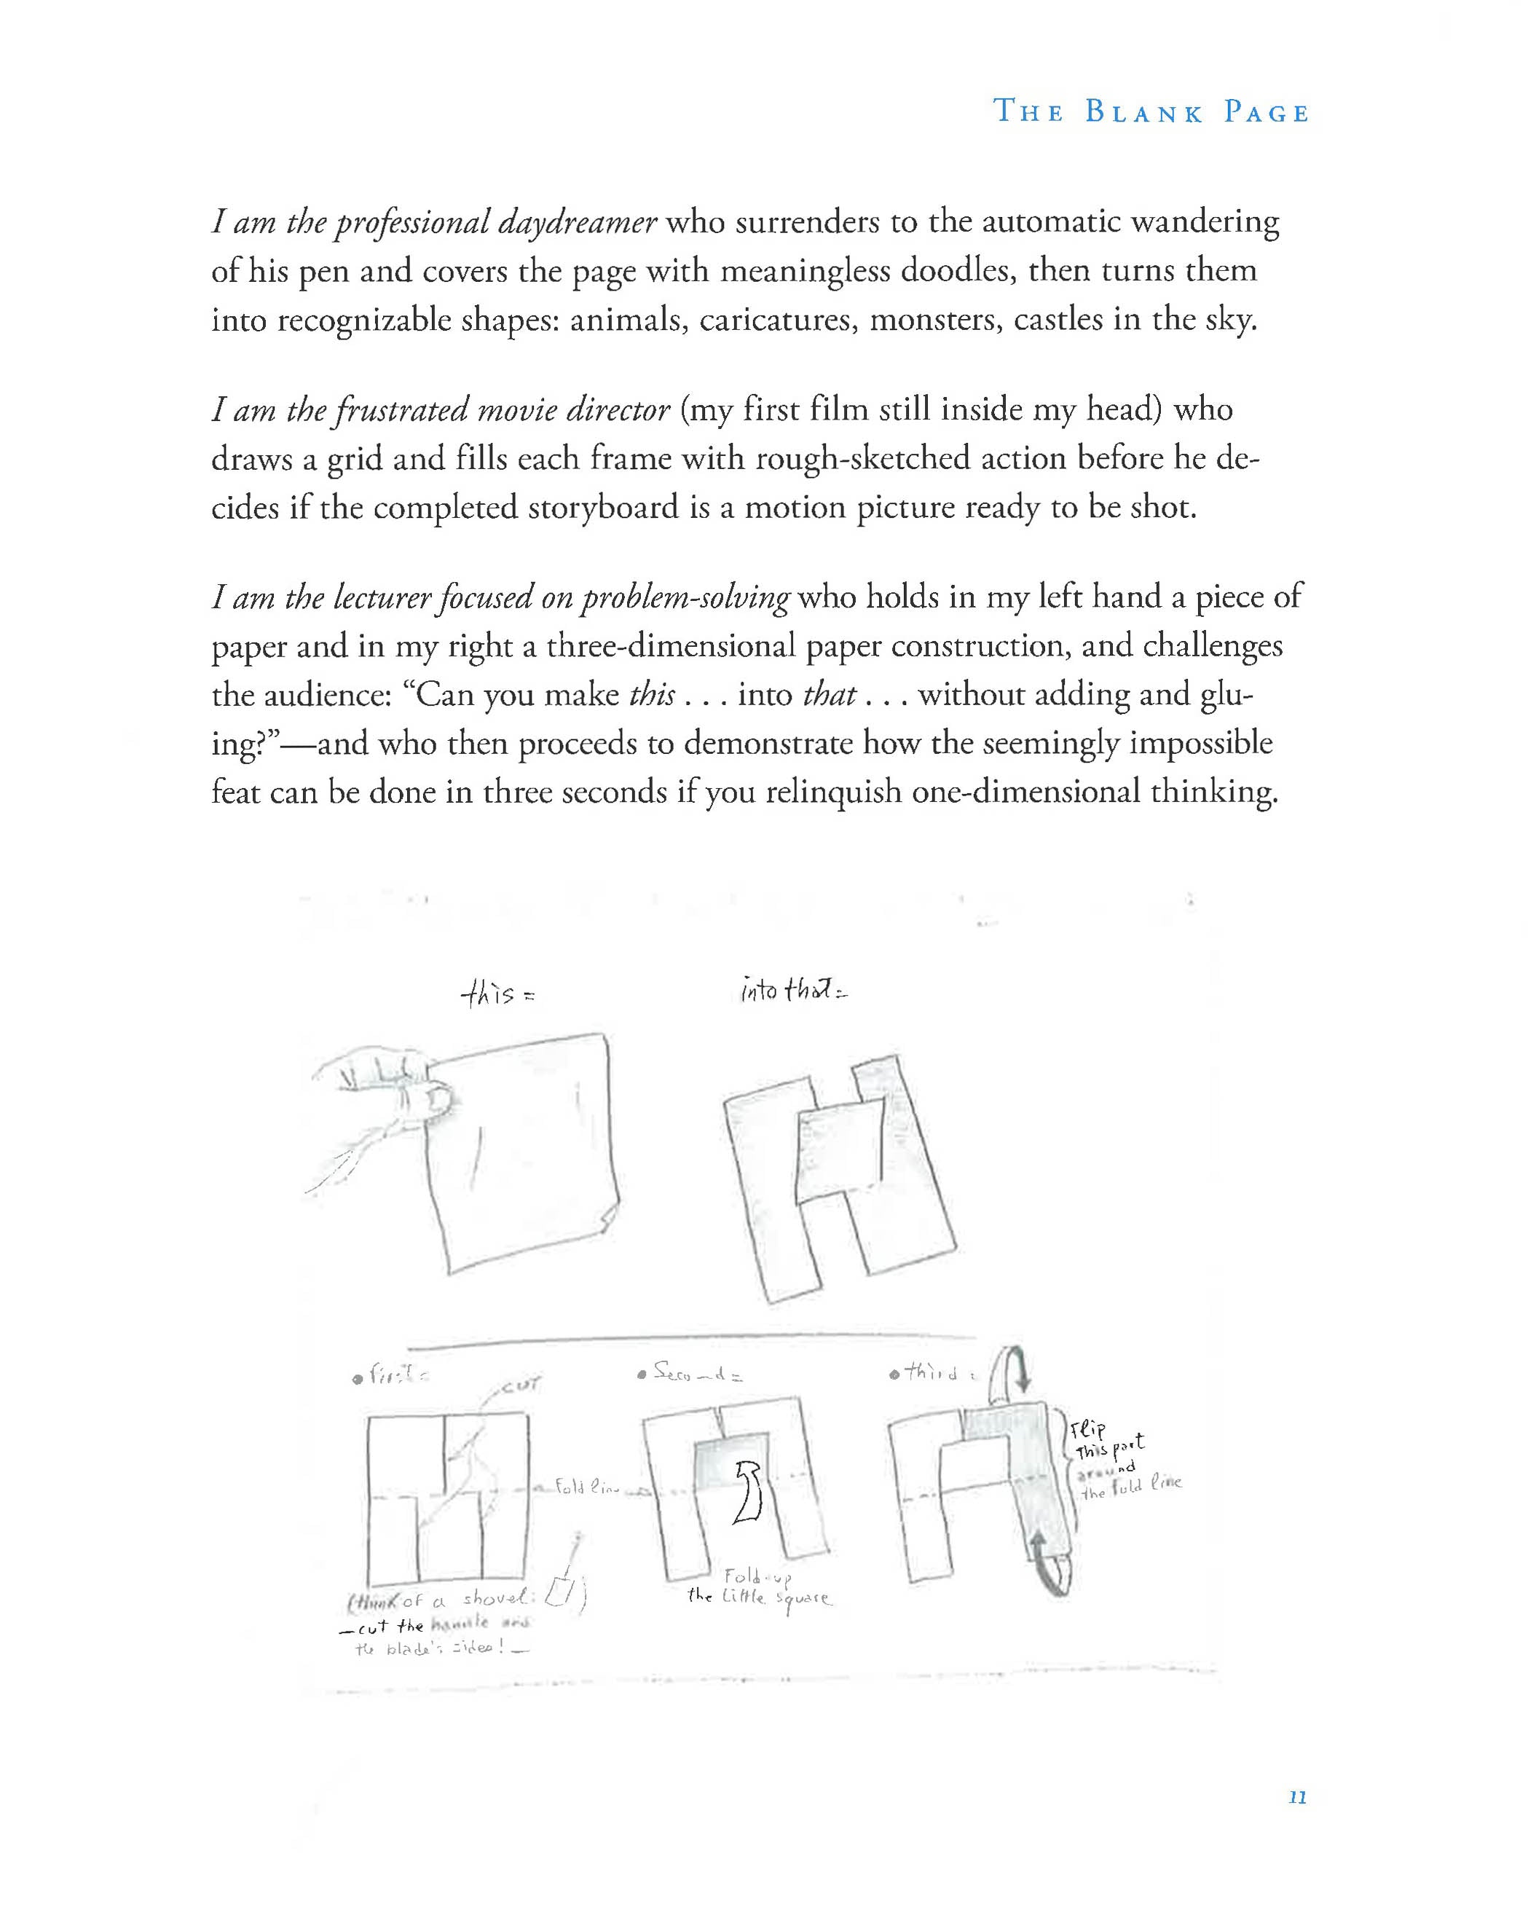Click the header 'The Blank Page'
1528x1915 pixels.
click(x=1151, y=112)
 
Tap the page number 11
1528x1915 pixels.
click(x=1296, y=1797)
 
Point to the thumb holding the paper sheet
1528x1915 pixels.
click(x=434, y=1101)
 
